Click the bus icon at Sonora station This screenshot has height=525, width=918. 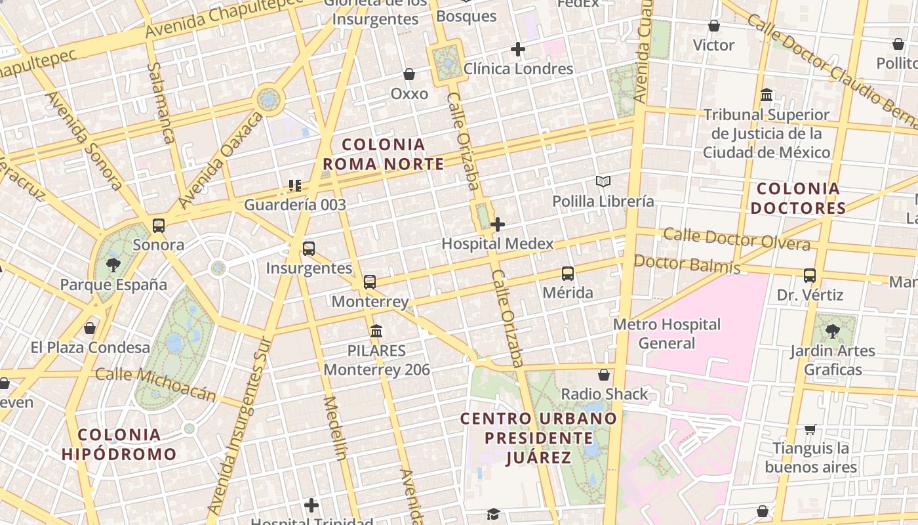pyautogui.click(x=159, y=226)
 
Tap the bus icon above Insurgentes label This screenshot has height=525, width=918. pyautogui.click(x=309, y=249)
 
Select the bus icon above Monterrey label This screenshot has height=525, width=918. pyautogui.click(x=370, y=282)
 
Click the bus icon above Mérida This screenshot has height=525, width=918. pyautogui.click(x=568, y=274)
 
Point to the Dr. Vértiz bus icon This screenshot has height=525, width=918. pyautogui.click(x=810, y=276)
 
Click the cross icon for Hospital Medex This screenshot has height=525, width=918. pyautogui.click(x=498, y=224)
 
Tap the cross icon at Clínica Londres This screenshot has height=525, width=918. pyautogui.click(x=518, y=49)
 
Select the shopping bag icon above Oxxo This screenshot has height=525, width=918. pyautogui.click(x=409, y=74)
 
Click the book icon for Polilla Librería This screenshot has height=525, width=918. pyautogui.click(x=603, y=181)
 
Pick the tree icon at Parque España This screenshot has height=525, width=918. pyautogui.click(x=113, y=265)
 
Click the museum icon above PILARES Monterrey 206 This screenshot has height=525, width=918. pyautogui.click(x=376, y=331)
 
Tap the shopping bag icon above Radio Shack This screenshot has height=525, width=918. pyautogui.click(x=604, y=375)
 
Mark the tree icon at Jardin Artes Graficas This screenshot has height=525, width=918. pyautogui.click(x=833, y=331)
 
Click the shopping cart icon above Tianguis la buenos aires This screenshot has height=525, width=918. pyautogui.click(x=810, y=429)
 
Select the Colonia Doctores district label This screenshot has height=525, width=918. pyautogui.click(x=798, y=199)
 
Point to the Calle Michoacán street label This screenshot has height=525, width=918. pyautogui.click(x=155, y=383)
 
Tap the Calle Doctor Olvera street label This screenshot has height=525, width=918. pyautogui.click(x=736, y=238)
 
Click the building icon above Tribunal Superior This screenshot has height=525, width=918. pyautogui.click(x=766, y=96)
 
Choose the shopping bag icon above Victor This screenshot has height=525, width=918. pyautogui.click(x=714, y=26)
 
